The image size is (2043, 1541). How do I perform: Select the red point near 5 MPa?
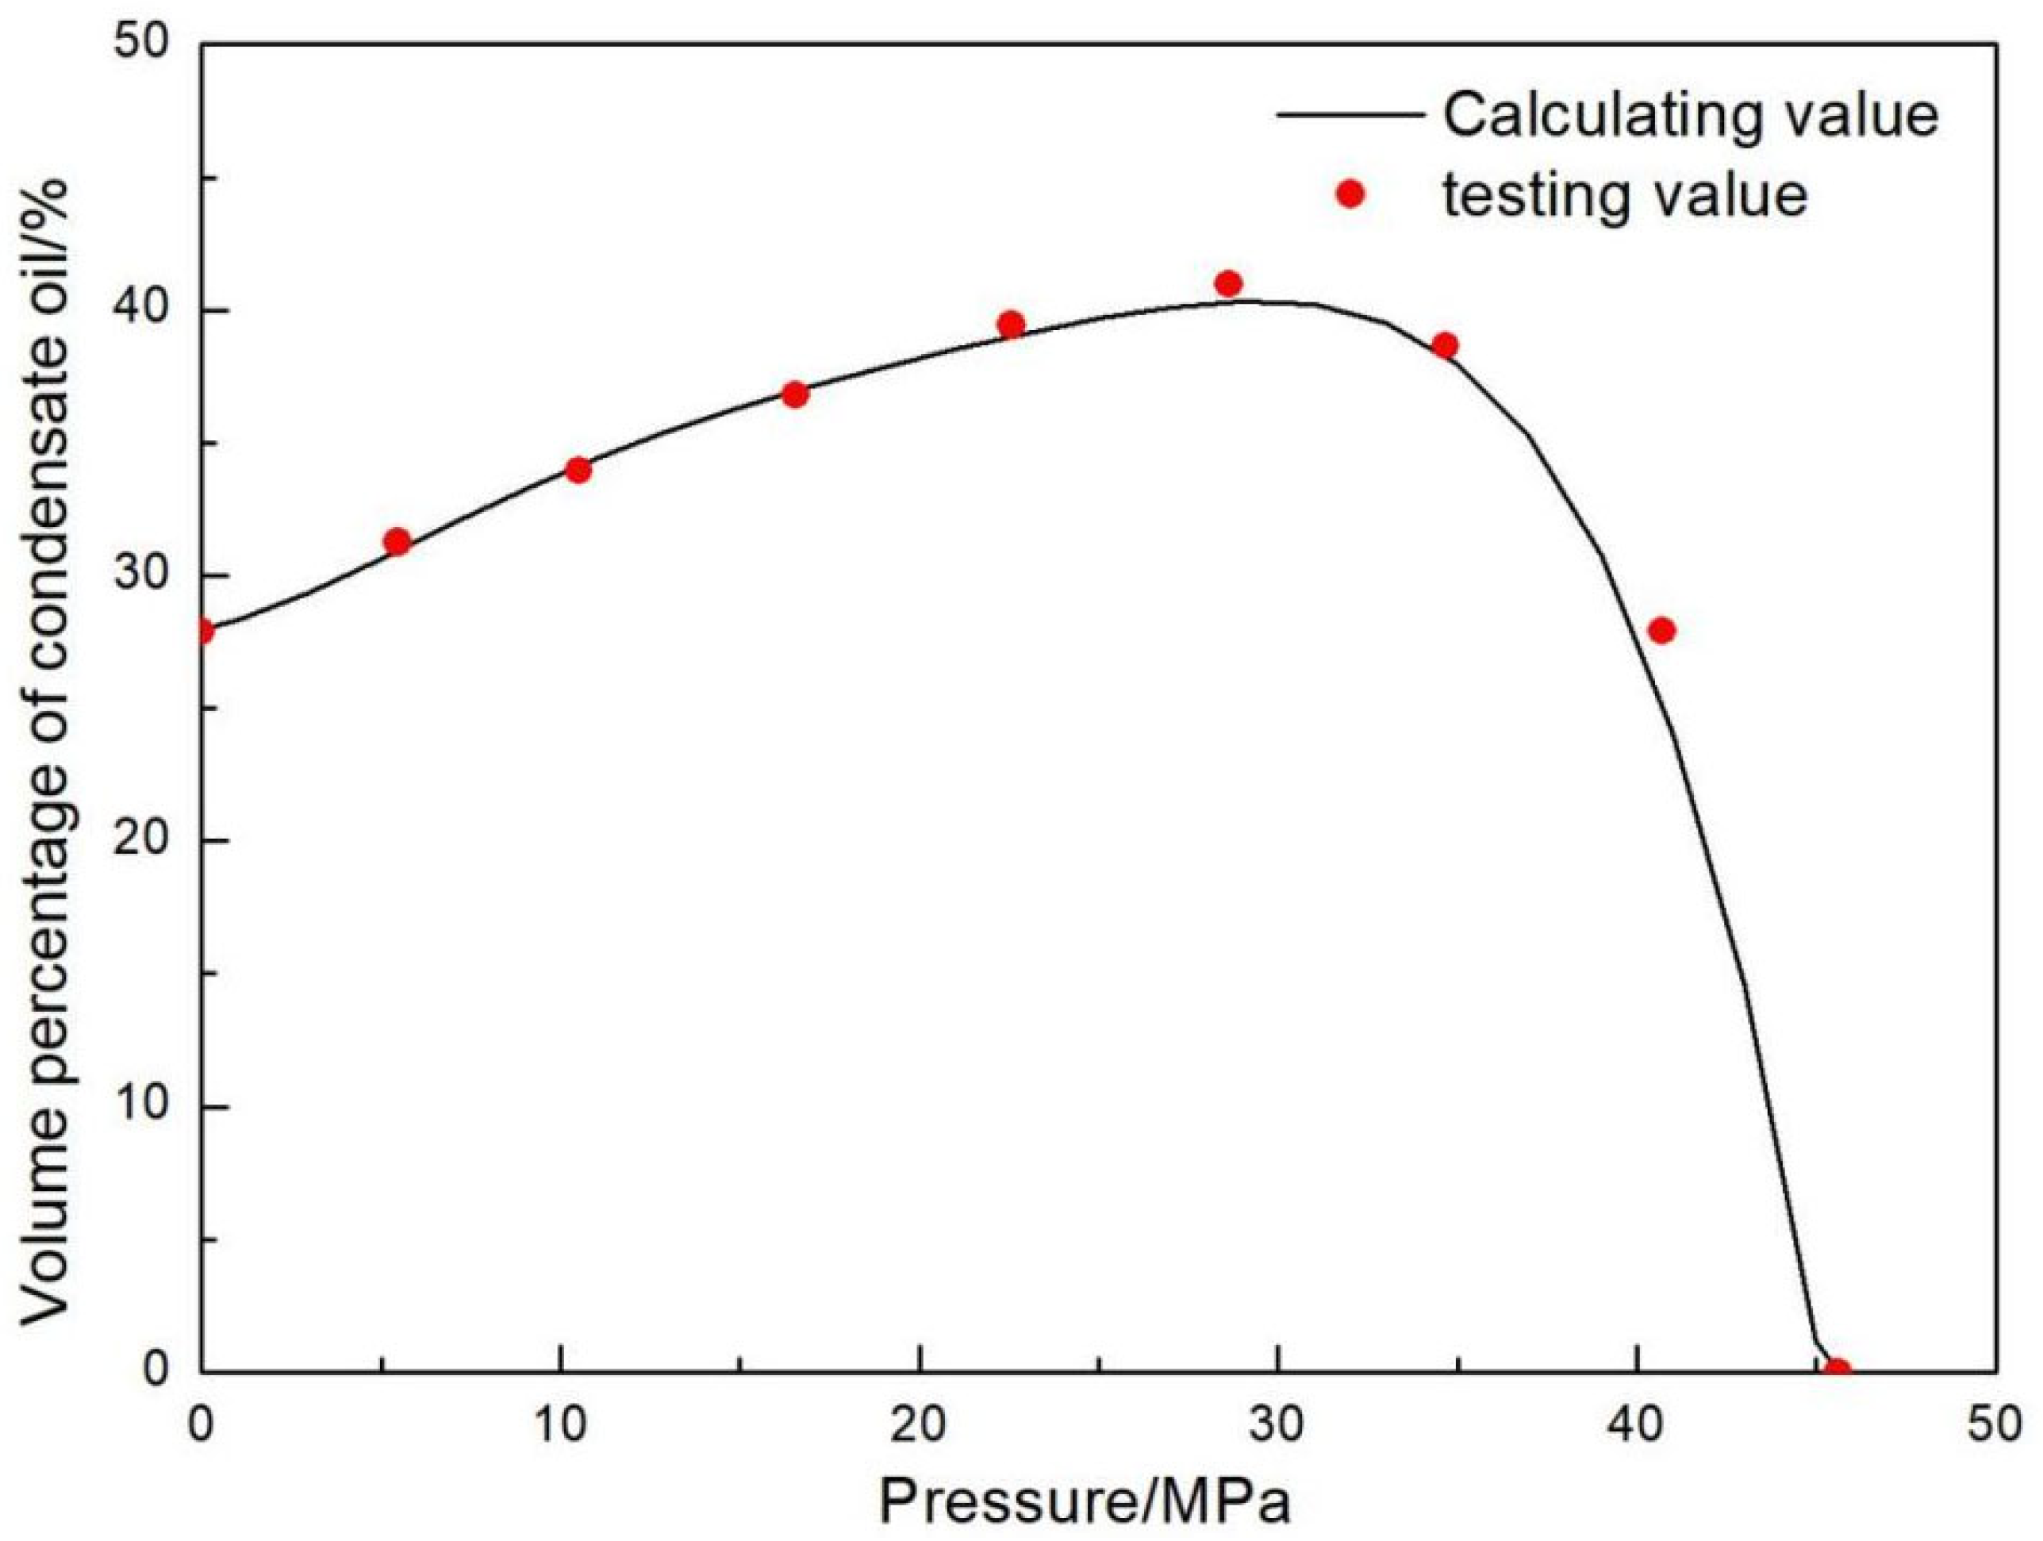coord(397,541)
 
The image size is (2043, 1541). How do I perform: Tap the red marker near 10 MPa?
coord(578,471)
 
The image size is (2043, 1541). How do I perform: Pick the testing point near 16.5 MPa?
coord(795,394)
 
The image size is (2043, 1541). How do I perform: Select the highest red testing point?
coord(1228,283)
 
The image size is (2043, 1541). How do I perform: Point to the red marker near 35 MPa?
coord(1446,345)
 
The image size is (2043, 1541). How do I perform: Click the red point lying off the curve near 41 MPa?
coord(1661,631)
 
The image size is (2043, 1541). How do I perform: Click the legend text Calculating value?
coord(1690,116)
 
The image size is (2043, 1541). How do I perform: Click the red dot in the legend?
coord(1350,195)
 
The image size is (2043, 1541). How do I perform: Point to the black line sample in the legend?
coord(1349,116)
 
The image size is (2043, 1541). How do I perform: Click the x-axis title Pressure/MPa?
coord(1085,1503)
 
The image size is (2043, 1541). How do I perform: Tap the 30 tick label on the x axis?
coord(1277,1424)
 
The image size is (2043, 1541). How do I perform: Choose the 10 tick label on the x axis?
coord(561,1424)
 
